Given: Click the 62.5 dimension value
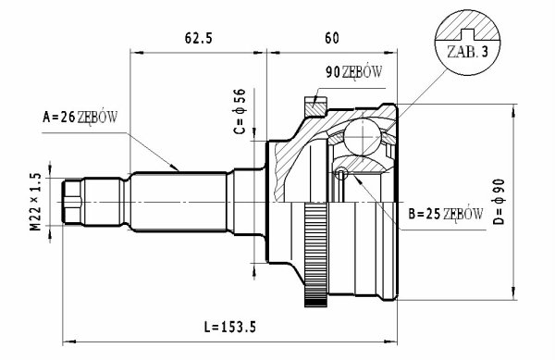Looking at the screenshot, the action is pos(199,38).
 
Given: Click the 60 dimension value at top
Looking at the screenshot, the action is pos(332,38).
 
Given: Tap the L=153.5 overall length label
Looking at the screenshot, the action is pos(229,327).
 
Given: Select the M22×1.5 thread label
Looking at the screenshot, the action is pos(35,202).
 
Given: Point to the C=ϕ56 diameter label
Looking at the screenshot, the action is pos(240,111).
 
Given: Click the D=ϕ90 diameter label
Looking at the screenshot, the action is pos(499,202).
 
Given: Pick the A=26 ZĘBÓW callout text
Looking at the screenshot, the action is pos(80,117).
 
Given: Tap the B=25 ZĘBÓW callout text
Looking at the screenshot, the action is pos(445,214).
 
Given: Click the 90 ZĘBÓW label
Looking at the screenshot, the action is pos(353,72).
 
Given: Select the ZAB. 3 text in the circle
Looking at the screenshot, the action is pos(467,52).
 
